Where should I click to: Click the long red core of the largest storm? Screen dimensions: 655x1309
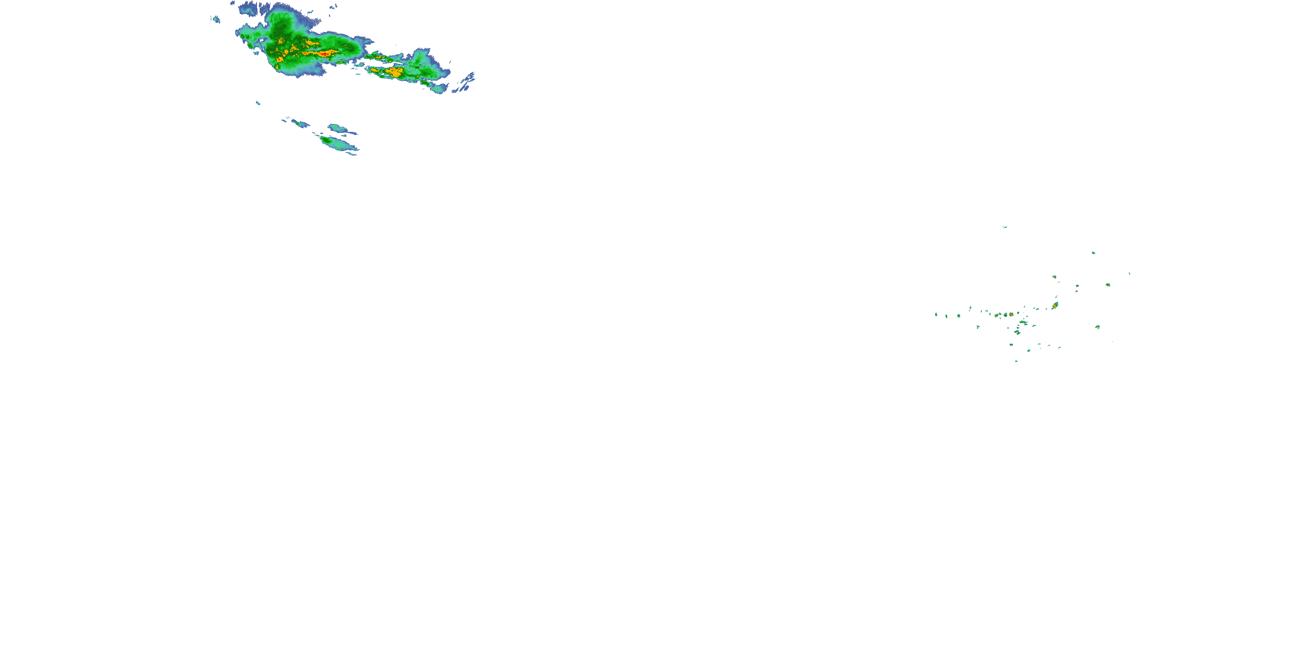[325, 53]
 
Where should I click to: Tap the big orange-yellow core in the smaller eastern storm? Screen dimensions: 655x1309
[394, 72]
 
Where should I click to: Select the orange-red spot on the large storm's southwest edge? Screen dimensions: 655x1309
[279, 60]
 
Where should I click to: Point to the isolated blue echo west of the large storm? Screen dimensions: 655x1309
[216, 20]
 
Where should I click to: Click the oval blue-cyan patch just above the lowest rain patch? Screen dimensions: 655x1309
[337, 128]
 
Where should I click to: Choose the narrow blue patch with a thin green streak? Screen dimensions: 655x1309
[300, 123]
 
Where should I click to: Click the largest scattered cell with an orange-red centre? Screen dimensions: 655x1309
[1055, 306]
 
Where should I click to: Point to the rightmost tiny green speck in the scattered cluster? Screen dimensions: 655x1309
[1129, 274]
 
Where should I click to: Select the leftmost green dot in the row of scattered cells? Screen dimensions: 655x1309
[936, 315]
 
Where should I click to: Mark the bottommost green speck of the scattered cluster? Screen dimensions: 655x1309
[1016, 361]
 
